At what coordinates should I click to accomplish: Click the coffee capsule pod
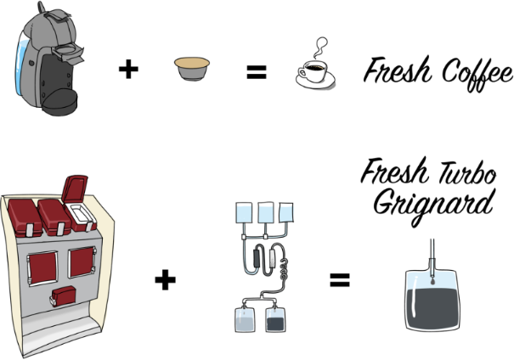192,69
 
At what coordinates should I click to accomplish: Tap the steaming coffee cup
315,74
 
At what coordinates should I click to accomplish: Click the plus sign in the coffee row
128,69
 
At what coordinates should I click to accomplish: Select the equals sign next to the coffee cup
257,72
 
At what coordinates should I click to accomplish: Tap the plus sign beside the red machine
165,279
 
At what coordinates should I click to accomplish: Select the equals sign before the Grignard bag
340,280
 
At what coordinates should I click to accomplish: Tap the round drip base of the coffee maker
60,102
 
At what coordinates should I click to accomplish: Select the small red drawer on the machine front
64,295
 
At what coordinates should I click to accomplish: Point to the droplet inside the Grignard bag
432,281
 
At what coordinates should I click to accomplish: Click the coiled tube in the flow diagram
284,268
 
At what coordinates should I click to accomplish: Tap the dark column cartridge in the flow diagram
257,257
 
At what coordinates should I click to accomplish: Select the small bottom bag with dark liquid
275,320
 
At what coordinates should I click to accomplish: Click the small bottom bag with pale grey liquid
245,320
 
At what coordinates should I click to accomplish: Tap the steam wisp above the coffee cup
320,48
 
